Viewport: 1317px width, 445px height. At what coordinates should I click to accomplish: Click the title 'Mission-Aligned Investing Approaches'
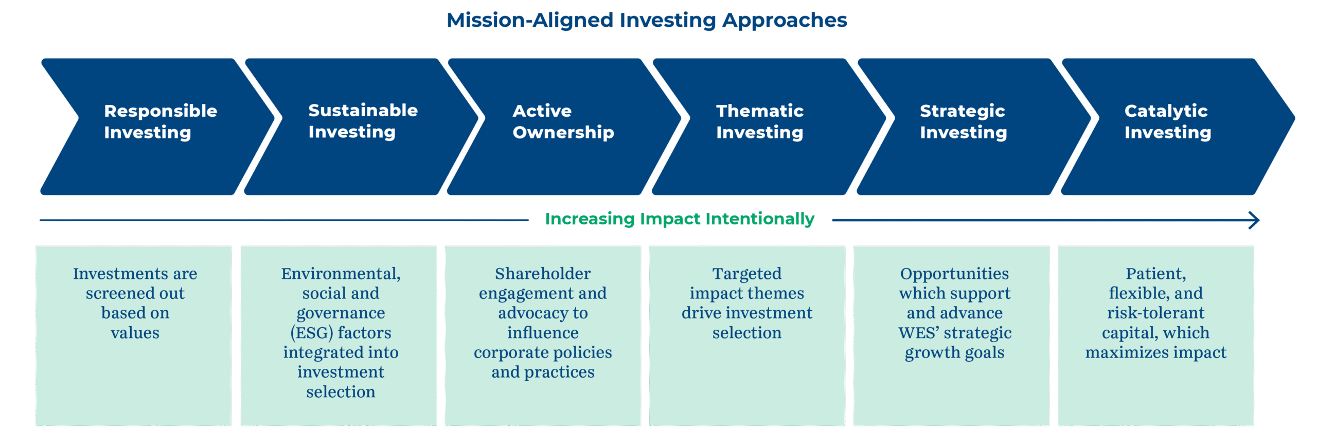point(647,21)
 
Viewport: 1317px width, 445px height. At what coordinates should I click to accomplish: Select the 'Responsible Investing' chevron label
point(161,121)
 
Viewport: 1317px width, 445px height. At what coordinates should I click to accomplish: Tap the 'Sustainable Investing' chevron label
point(363,121)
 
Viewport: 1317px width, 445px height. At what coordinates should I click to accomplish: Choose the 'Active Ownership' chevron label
point(563,121)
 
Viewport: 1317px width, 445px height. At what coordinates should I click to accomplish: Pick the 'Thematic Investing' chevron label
point(760,121)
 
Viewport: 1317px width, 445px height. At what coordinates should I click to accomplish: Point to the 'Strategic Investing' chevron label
point(963,121)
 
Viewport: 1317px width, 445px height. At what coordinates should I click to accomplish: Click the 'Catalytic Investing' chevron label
point(1168,121)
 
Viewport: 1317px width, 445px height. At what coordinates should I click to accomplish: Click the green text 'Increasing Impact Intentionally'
point(680,219)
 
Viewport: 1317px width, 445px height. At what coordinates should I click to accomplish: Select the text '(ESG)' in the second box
point(312,333)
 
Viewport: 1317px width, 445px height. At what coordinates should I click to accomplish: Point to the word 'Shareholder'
point(543,274)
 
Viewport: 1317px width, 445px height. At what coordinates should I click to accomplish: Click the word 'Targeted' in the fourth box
point(746,274)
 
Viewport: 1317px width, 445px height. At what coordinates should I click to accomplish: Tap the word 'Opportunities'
point(954,274)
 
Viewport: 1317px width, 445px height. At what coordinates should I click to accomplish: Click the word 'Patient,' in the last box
point(1155,274)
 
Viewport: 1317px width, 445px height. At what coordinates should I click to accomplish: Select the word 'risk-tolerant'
point(1155,313)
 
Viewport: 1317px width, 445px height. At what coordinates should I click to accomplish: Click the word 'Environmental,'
point(341,274)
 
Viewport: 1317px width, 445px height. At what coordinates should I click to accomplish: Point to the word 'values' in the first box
point(135,333)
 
